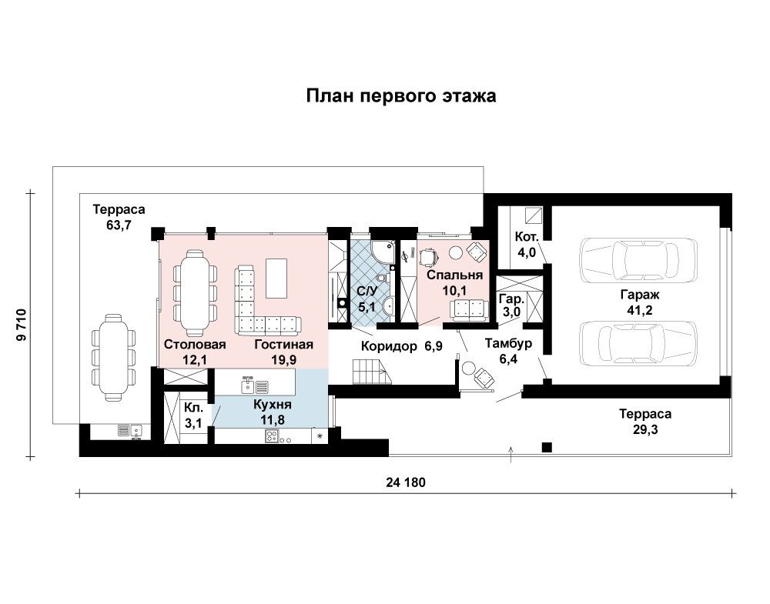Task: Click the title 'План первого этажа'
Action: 400,95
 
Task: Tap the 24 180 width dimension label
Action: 406,482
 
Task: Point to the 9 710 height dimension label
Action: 21,325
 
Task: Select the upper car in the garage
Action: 638,259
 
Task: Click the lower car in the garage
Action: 638,343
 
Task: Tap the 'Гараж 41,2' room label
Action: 639,302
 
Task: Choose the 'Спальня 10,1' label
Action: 454,282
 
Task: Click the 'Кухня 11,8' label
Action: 273,412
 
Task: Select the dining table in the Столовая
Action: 196,292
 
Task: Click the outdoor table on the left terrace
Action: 113,357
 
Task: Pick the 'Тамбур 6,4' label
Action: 508,351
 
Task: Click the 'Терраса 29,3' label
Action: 644,422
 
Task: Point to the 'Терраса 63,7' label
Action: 119,217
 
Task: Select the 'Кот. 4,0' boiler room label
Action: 527,245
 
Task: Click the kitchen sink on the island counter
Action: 255,385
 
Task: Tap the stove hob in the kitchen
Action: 272,435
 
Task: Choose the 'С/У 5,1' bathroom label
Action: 367,299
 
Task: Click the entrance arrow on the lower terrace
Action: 511,455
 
